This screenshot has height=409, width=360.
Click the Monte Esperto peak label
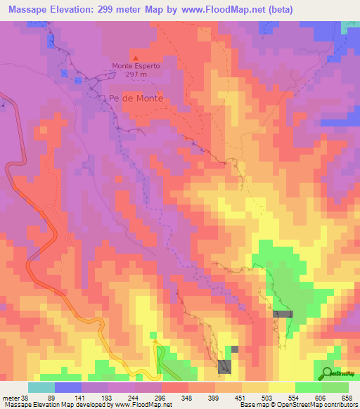pyautogui.click(x=136, y=66)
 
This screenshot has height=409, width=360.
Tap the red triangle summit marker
pyautogui.click(x=136, y=58)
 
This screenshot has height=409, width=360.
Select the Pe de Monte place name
pyautogui.click(x=136, y=98)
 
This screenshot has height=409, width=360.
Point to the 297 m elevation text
pyautogui.click(x=136, y=74)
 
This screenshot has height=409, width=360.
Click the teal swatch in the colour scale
pyautogui.click(x=41, y=387)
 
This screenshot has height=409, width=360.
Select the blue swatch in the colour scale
pyautogui.click(x=68, y=387)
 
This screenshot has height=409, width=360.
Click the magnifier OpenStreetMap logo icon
pyautogui.click(x=328, y=372)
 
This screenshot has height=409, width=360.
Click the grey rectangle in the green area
pyautogui.click(x=283, y=314)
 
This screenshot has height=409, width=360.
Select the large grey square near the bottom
pyautogui.click(x=225, y=366)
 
